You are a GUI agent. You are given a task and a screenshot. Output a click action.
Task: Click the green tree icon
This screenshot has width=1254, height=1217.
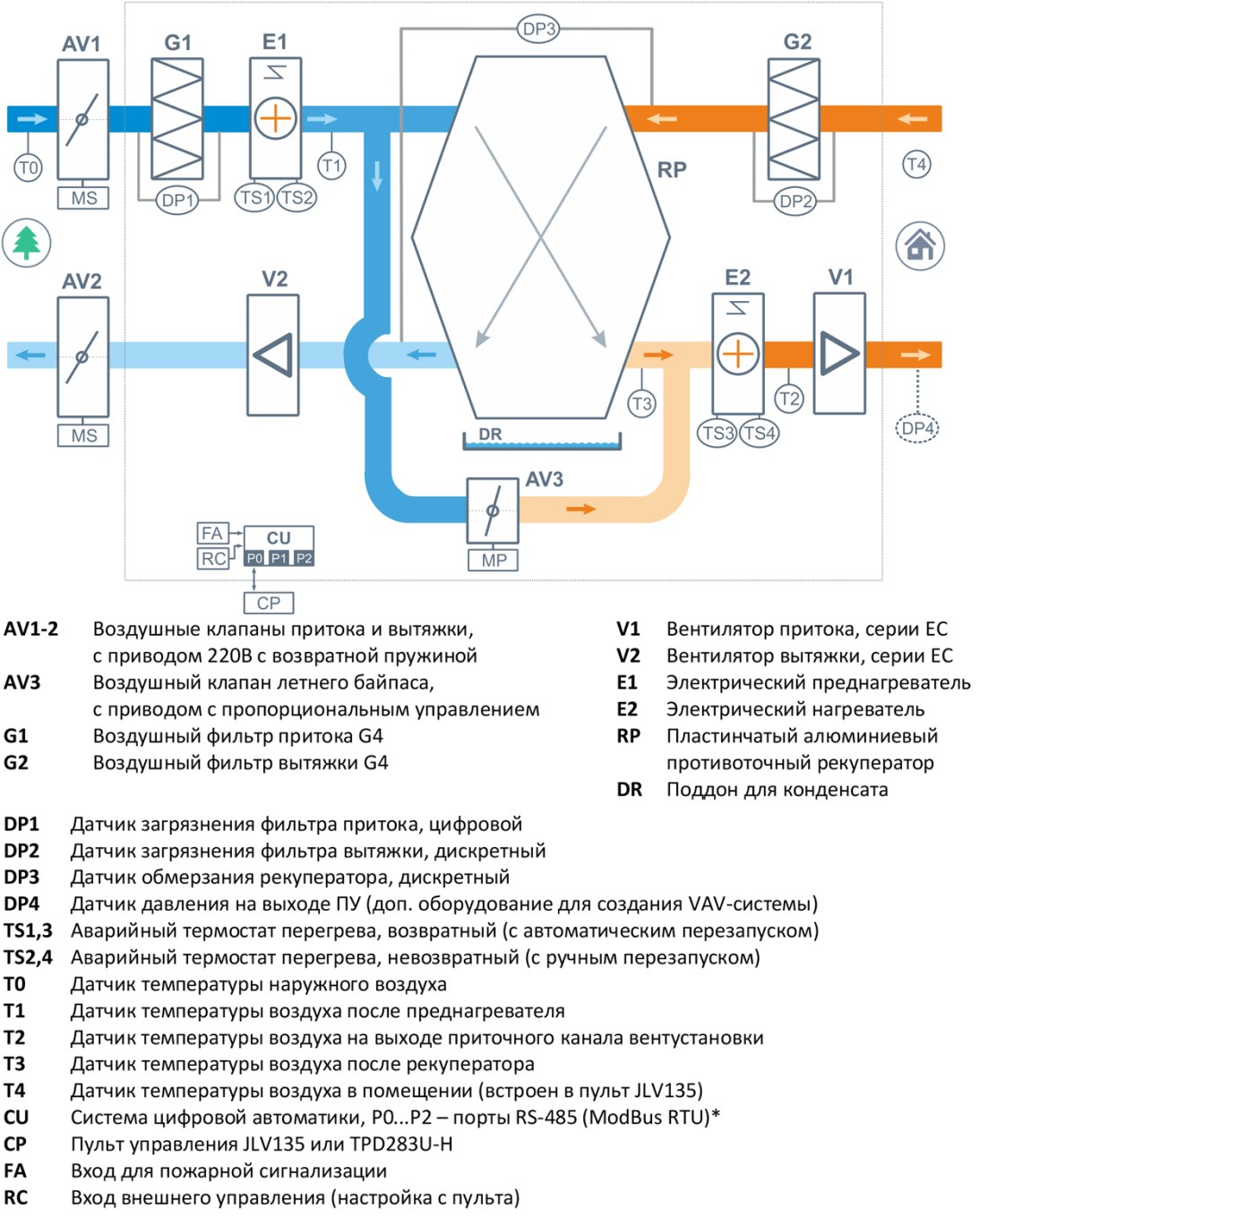click(26, 243)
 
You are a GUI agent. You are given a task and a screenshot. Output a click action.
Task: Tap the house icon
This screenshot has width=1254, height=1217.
click(920, 245)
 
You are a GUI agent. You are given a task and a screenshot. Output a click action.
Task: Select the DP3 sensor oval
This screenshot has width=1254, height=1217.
click(538, 29)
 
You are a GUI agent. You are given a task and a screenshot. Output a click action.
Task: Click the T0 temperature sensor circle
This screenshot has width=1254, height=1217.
click(28, 168)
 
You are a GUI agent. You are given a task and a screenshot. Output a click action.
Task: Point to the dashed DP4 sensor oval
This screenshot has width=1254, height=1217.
click(917, 428)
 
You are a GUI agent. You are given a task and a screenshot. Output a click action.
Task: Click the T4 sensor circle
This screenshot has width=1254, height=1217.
click(916, 164)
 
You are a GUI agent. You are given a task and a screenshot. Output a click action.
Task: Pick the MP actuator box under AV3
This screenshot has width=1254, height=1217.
click(493, 560)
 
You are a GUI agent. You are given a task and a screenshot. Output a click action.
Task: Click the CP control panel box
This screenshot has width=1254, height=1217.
click(269, 603)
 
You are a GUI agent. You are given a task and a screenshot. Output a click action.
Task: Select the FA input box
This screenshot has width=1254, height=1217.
click(212, 534)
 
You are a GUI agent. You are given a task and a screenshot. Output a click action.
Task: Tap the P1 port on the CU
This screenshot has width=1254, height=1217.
click(279, 558)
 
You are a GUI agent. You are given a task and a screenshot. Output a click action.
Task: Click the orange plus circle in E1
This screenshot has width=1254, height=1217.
click(275, 119)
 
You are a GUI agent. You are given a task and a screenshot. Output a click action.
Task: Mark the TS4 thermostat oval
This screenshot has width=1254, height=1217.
click(759, 433)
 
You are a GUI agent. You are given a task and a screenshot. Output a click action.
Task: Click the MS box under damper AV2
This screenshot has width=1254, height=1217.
click(83, 435)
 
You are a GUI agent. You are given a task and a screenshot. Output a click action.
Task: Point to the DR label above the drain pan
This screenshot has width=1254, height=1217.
click(490, 434)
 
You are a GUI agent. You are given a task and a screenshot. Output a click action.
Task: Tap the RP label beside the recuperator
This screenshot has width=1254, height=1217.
click(672, 170)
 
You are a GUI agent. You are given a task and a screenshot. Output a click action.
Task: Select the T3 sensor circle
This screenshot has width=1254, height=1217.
click(642, 404)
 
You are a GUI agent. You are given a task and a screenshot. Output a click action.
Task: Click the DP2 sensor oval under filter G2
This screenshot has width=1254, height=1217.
click(795, 201)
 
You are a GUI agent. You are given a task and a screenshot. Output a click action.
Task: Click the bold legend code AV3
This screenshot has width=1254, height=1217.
click(21, 682)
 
